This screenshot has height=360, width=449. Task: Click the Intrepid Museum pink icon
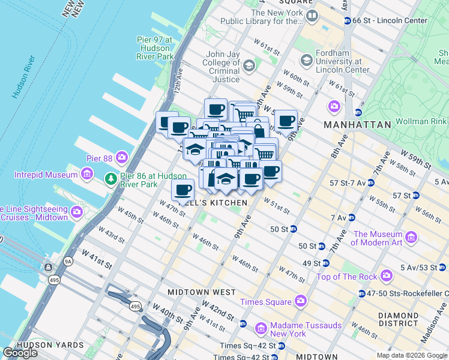click(x=88, y=175)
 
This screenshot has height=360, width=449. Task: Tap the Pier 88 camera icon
click(x=122, y=158)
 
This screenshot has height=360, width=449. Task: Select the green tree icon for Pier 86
click(x=110, y=178)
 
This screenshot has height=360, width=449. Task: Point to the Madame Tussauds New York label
click(x=298, y=329)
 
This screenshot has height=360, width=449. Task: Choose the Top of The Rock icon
click(x=386, y=277)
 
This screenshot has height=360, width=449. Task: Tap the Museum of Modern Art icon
click(x=412, y=238)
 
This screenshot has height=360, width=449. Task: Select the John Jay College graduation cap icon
click(x=249, y=65)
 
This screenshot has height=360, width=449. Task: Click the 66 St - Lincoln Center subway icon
click(x=348, y=21)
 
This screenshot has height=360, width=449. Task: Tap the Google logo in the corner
click(x=20, y=353)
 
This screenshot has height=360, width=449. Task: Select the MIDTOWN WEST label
click(x=201, y=292)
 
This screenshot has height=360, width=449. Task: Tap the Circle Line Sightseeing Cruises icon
click(x=77, y=212)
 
